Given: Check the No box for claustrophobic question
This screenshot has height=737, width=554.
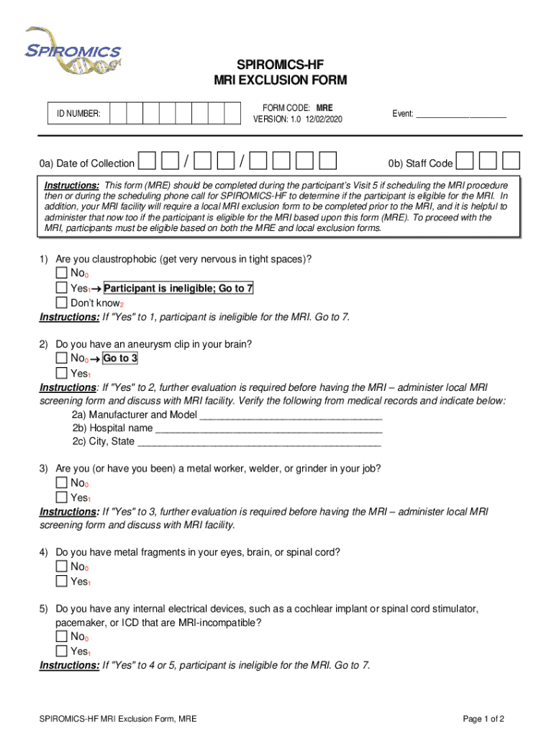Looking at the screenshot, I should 62,274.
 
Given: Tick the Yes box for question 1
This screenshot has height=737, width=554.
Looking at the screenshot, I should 62,289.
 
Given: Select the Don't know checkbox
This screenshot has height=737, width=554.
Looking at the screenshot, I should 62,303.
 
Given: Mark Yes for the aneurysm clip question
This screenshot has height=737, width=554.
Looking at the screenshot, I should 62,373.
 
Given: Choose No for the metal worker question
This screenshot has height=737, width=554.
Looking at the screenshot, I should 62,483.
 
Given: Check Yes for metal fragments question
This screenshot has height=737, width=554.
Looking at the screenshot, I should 62,581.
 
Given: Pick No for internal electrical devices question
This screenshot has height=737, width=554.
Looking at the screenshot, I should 62,636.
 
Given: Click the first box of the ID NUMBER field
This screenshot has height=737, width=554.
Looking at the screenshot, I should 118,114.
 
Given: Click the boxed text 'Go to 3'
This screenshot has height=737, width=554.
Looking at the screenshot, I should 120,358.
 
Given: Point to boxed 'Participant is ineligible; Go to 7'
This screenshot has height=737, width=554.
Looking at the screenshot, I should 178,289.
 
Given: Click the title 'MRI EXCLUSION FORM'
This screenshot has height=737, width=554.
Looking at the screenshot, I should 280,80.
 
